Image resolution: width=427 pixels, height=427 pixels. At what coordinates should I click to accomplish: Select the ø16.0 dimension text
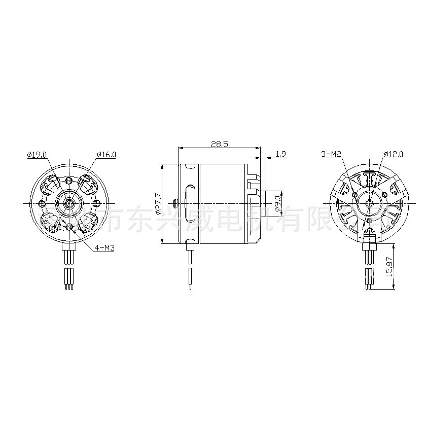tap(106, 154)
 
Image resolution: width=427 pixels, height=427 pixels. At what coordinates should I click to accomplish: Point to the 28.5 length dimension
tap(219, 144)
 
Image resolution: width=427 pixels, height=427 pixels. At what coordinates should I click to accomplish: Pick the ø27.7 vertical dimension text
tap(158, 204)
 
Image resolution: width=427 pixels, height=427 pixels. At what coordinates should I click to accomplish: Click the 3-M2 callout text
tap(331, 153)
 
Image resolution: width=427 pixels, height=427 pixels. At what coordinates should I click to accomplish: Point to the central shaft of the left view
tap(68, 203)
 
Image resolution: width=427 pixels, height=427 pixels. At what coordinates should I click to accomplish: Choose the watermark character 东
tap(139, 218)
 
